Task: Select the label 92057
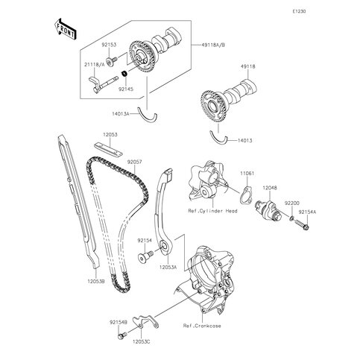click(134, 160)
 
